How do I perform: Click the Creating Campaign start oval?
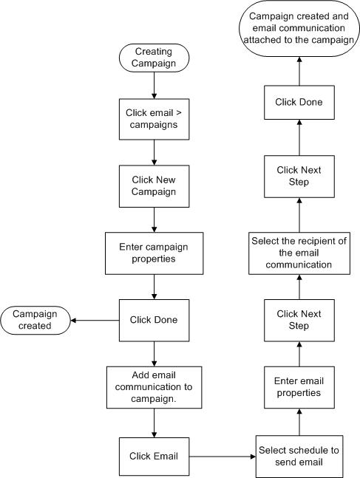154,58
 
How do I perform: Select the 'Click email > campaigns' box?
154,119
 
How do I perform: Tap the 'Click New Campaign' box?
154,186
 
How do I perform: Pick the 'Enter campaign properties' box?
154,253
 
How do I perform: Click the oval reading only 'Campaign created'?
35,321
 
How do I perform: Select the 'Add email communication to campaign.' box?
154,387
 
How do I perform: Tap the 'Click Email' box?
154,457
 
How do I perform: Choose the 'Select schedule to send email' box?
299,457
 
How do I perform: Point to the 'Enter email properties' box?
299,387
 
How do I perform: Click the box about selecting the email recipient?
299,253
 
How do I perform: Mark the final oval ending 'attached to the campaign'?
299,28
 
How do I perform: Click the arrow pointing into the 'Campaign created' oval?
95,321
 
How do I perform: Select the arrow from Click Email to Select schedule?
223,457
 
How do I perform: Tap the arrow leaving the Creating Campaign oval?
154,86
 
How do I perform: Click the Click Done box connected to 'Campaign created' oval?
154,321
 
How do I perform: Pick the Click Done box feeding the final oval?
299,103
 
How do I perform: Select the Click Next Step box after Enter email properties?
299,321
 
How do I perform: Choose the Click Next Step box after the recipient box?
299,177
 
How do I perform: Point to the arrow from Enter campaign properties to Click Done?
154,287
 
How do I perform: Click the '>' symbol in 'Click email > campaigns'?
179,113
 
